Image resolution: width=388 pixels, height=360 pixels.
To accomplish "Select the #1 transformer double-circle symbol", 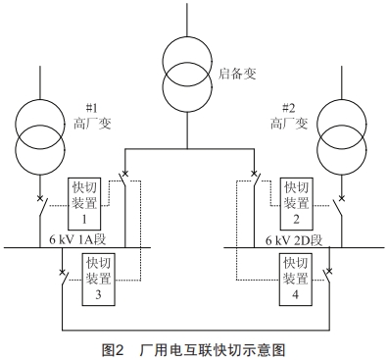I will click(39, 137).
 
